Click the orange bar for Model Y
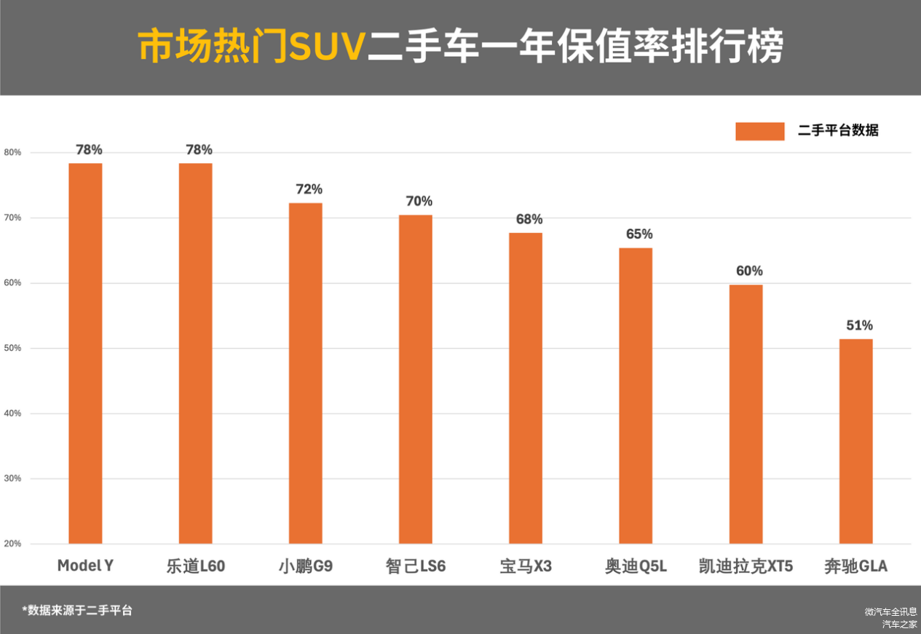point(85,353)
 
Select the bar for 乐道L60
point(195,353)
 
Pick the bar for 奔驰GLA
point(855,441)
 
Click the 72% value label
point(309,189)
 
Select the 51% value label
point(859,325)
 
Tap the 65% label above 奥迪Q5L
point(639,234)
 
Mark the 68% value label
point(529,219)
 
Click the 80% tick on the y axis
point(12,153)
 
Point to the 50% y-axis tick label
point(12,348)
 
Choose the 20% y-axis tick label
point(12,544)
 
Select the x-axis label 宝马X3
point(526,566)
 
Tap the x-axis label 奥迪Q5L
point(636,566)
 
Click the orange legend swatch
point(759,131)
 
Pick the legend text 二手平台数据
point(838,131)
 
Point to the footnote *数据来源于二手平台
point(76,610)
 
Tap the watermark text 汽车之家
point(900,624)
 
